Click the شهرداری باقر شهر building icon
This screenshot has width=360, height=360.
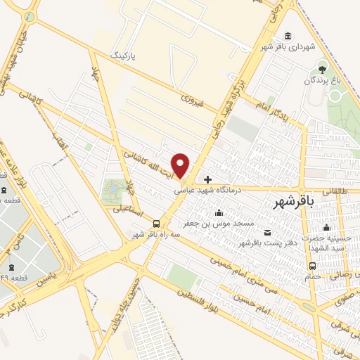tap(288, 37)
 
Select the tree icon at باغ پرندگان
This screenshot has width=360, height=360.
tap(322, 68)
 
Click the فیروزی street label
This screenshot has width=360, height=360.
tap(191, 101)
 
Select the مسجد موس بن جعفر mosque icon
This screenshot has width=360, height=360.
tap(219, 212)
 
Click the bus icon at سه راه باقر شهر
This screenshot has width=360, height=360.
tap(165, 224)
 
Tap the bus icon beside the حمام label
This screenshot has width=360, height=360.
tap(312, 265)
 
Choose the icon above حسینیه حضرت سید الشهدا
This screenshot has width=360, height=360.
tap(326, 227)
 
